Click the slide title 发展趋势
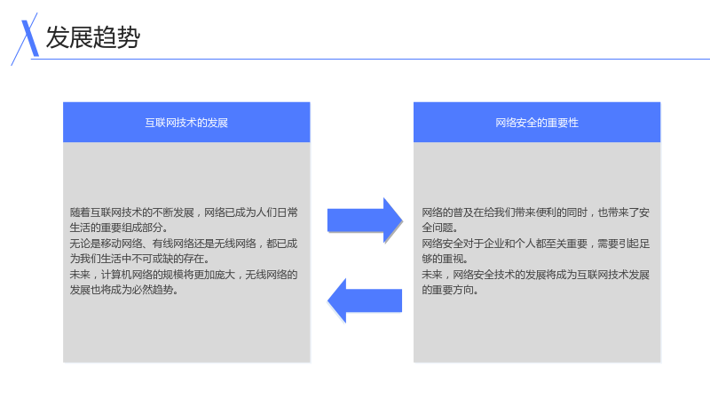(93, 37)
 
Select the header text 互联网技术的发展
(186, 123)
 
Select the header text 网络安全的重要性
(537, 123)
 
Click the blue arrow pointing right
(365, 220)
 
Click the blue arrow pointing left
(365, 300)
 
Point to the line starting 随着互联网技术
(184, 212)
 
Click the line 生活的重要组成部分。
(119, 228)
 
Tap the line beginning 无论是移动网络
(184, 244)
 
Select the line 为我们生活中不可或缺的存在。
(140, 259)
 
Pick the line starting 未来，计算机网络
(184, 275)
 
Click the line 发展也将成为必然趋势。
(124, 290)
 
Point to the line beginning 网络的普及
(536, 212)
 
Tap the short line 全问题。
(440, 228)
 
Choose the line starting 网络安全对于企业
(536, 244)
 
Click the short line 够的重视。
(446, 259)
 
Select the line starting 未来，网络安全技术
(536, 275)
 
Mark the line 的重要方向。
(451, 290)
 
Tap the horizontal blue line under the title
(370, 59)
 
